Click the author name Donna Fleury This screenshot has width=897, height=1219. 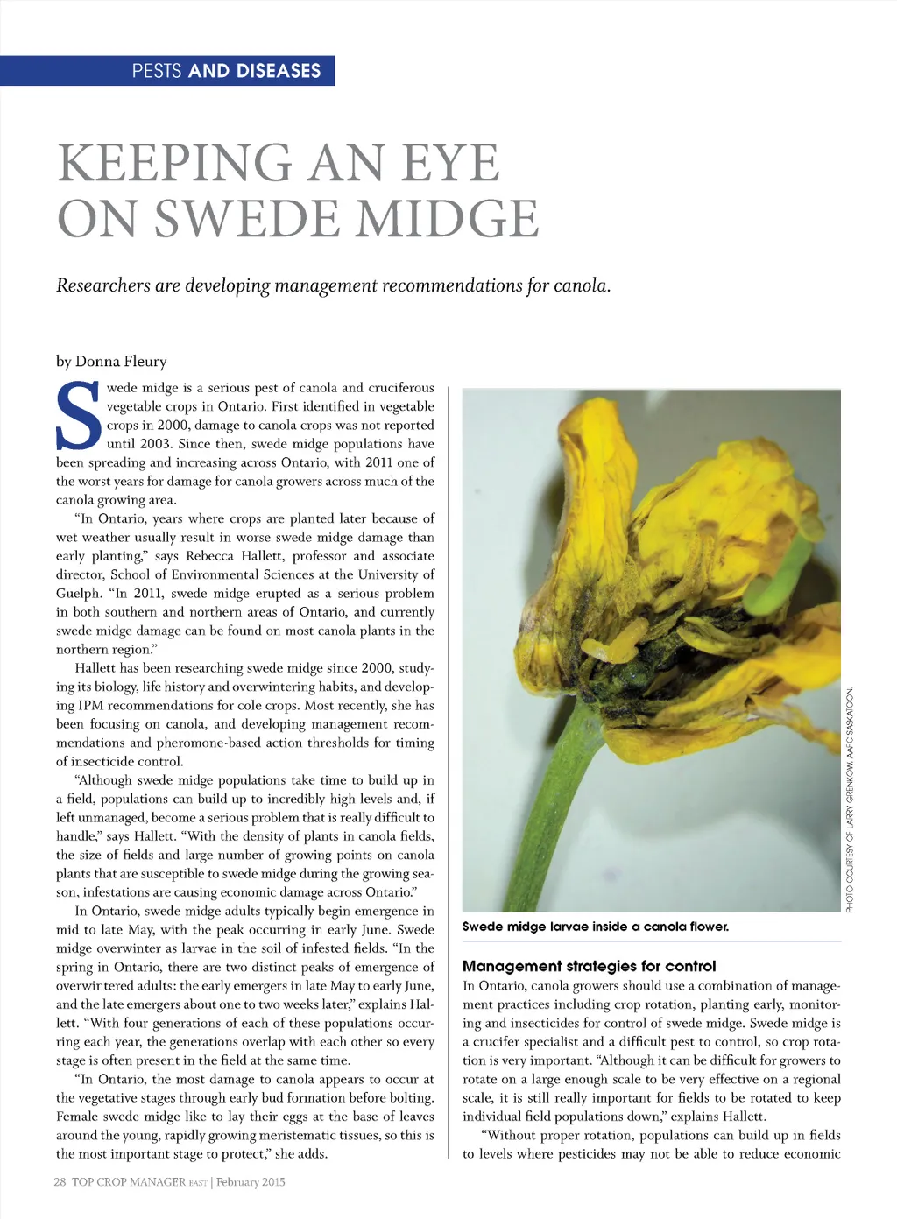pos(121,362)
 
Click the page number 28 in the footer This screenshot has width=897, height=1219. pos(60,1181)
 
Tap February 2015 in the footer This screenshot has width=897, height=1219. pos(251,1181)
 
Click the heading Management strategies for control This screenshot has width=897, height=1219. pos(589,966)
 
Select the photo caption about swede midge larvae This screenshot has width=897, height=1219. pos(595,927)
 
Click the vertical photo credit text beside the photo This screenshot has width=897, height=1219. pos(849,800)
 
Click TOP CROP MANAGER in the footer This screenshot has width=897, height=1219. pos(129,1181)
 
